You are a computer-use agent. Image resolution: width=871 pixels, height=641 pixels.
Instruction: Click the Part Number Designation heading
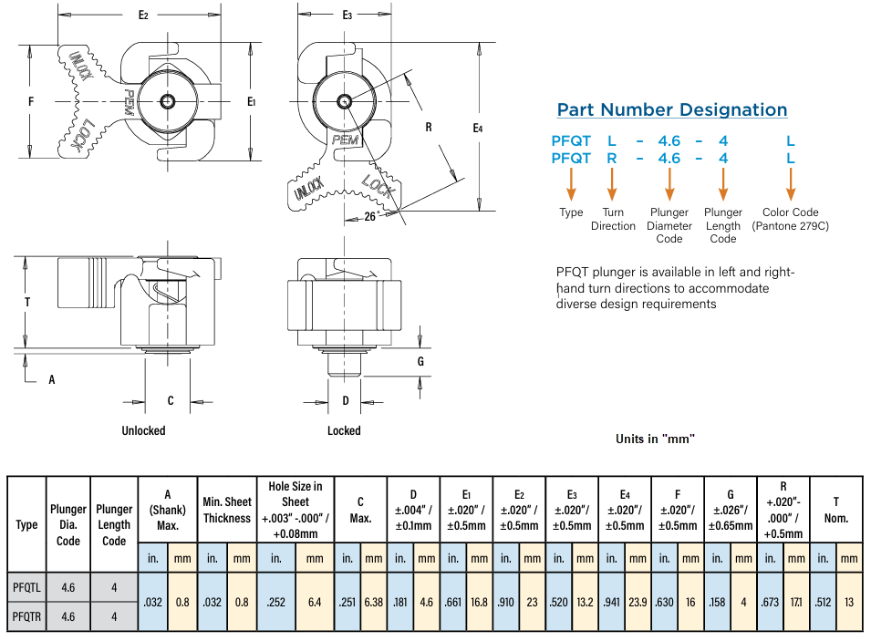[672, 110]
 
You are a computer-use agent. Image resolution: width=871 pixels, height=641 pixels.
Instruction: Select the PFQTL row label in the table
[26, 588]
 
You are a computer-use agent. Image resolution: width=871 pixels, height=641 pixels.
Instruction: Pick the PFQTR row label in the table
[26, 616]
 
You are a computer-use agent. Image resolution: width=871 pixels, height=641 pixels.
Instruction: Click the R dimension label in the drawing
[428, 128]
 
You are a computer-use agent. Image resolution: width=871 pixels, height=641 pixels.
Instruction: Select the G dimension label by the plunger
[420, 361]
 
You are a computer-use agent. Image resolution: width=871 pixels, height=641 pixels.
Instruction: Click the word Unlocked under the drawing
[143, 430]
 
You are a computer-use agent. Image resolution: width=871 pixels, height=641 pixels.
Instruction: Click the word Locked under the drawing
[344, 430]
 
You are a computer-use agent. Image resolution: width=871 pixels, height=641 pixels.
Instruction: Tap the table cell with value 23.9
[638, 602]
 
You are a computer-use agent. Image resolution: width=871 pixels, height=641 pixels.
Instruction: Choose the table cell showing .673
[770, 602]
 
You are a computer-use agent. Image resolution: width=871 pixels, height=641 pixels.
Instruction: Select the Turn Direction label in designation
[613, 219]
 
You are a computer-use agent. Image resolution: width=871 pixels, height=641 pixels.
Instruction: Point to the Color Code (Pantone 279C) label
[791, 219]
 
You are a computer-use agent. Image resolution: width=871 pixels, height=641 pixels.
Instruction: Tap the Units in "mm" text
[655, 439]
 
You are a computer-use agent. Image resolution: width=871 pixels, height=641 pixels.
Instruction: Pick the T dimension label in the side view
[27, 302]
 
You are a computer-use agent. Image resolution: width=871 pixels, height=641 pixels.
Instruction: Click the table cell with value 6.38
[374, 602]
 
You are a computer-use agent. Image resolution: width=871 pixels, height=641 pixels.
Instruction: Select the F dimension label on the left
[31, 102]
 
